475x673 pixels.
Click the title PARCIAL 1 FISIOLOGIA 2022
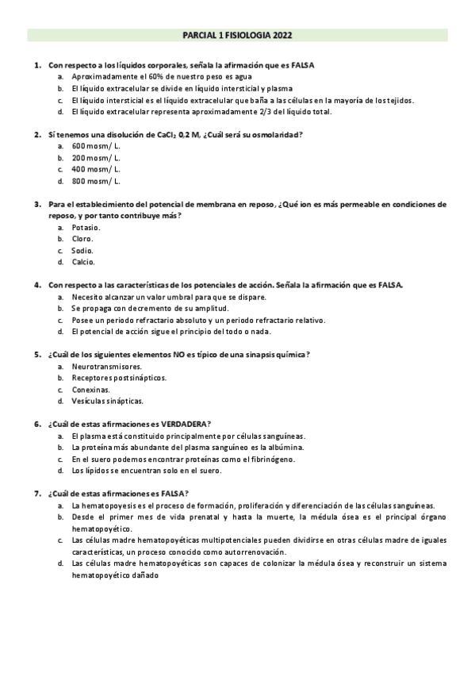[x=237, y=36]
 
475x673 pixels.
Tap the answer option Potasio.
[x=86, y=227]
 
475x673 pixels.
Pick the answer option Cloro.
[x=82, y=238]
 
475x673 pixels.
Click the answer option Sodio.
[x=82, y=250]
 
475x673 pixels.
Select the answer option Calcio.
[x=83, y=261]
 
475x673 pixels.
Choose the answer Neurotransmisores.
[x=107, y=367]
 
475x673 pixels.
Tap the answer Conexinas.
[x=91, y=390]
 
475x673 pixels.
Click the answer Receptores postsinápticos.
[x=119, y=378]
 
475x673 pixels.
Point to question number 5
[x=37, y=354]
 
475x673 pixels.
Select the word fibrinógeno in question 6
[x=217, y=459]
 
